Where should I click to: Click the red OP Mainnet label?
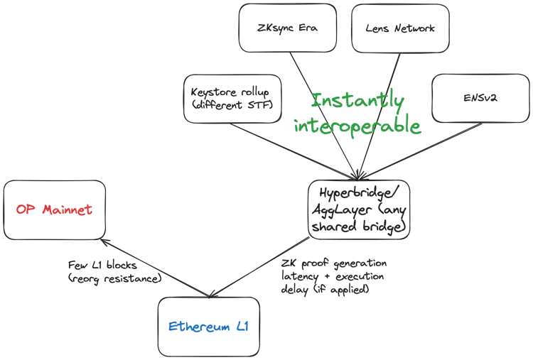click(55, 210)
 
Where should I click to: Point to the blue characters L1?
click(242, 328)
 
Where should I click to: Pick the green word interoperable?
click(357, 126)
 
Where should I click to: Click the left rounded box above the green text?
click(287, 28)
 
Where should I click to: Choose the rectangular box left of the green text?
click(227, 98)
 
